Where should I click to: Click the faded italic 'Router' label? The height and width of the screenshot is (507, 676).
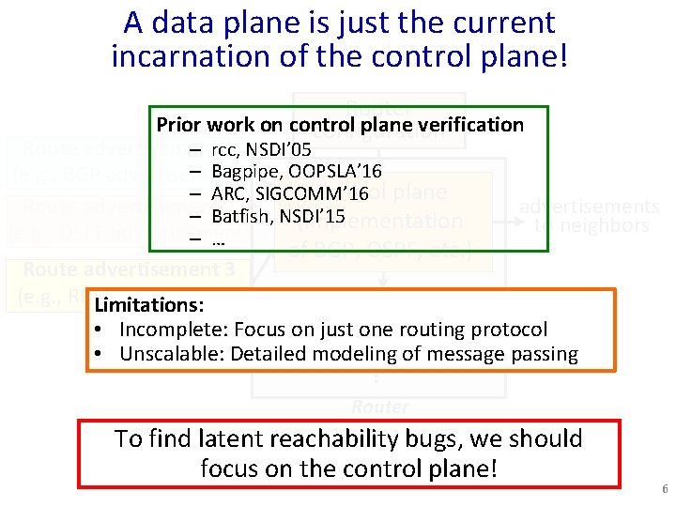point(380,407)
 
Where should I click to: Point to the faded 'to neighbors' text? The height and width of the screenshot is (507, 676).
point(591,225)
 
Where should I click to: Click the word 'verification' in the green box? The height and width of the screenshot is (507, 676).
point(478,125)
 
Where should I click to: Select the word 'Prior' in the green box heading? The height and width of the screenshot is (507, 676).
point(177,125)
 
